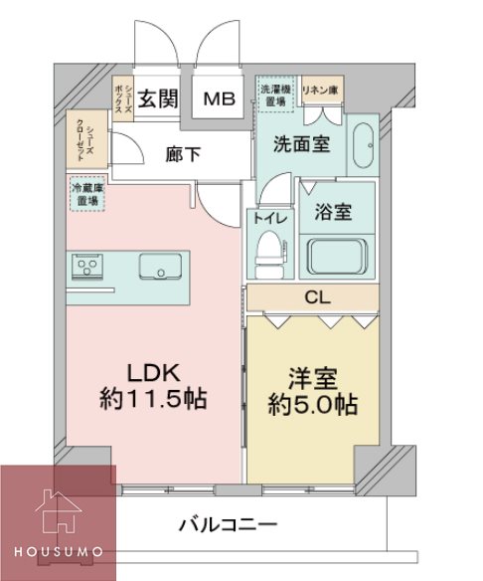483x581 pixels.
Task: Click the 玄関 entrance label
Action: pyautogui.click(x=156, y=98)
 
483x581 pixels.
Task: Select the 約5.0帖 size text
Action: pyautogui.click(x=314, y=406)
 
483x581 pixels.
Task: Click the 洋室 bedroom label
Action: pyautogui.click(x=314, y=379)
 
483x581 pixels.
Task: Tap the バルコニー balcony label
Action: pyautogui.click(x=228, y=524)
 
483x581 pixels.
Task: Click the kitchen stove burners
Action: pyautogui.click(x=88, y=267)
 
